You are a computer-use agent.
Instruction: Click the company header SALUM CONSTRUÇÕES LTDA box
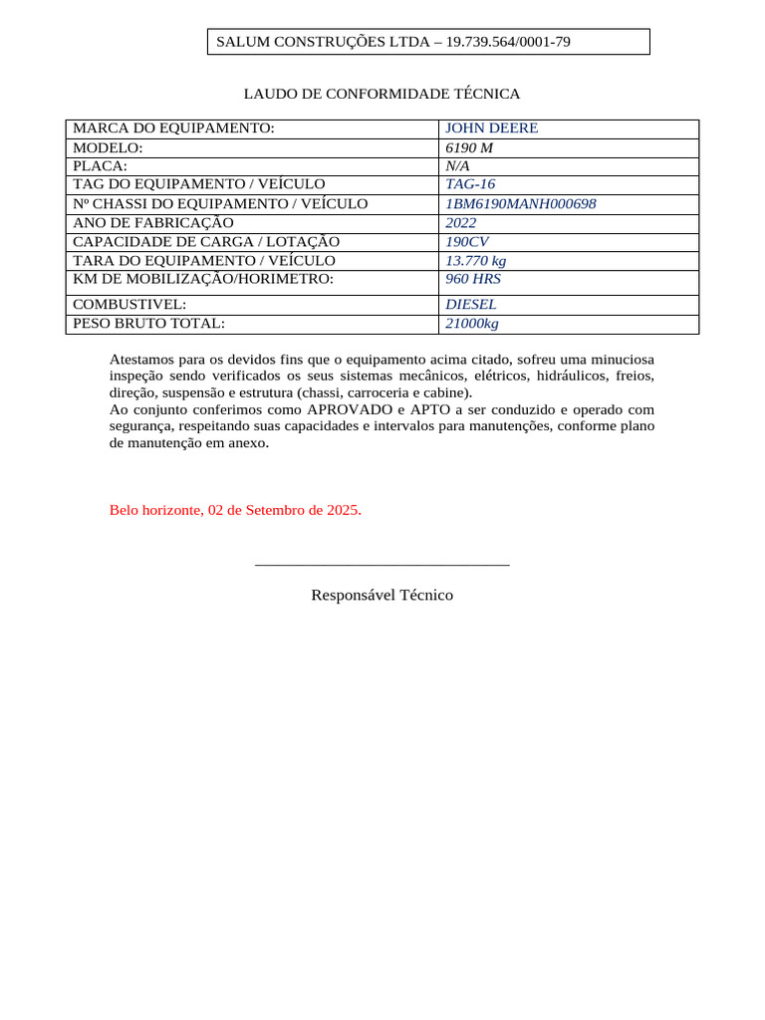pos(428,42)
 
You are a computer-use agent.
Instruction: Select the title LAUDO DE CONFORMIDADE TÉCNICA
pos(382,94)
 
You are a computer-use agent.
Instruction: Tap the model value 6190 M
pos(469,147)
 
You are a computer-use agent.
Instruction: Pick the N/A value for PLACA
pos(457,166)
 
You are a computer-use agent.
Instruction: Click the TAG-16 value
pos(470,184)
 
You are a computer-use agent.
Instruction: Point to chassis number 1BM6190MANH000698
pos(520,204)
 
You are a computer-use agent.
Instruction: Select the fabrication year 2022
pos(460,223)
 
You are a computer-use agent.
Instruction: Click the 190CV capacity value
pos(467,242)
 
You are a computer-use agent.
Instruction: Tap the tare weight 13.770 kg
pos(475,261)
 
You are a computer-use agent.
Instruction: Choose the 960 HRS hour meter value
pos(473,279)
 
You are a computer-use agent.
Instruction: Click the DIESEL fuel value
pos(471,305)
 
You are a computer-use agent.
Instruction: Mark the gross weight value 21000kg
pos(472,324)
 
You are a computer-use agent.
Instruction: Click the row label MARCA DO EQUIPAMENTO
pos(173,128)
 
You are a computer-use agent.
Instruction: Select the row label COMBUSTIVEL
pos(130,305)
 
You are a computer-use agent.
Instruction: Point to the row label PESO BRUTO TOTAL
pos(149,324)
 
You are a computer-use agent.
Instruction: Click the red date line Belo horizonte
pos(235,510)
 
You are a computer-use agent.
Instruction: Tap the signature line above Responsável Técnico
pos(382,565)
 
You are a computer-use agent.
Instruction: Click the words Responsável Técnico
pos(382,595)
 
